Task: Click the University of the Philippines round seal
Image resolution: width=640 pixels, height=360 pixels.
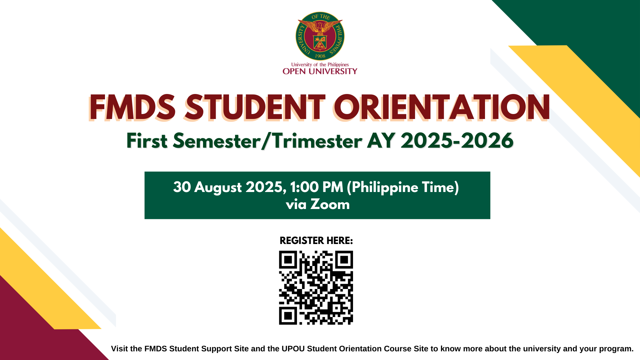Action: point(320,36)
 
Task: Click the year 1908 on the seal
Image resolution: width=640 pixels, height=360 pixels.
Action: point(320,56)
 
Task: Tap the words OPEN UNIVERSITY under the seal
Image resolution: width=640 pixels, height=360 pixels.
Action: point(320,71)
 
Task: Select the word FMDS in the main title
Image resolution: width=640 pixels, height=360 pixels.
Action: point(132,107)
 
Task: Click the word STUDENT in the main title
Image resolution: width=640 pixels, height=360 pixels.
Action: point(255,107)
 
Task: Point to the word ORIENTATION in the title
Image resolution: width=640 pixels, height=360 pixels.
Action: point(442,107)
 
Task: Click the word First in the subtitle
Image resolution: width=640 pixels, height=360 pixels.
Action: point(147,141)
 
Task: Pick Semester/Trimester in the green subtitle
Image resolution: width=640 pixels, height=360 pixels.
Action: point(268,141)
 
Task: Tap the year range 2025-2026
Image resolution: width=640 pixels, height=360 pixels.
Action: point(457,141)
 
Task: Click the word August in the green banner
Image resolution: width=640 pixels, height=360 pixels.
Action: point(218,188)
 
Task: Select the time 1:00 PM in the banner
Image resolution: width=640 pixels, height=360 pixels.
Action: point(317,187)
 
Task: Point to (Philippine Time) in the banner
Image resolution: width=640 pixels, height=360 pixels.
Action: point(403,188)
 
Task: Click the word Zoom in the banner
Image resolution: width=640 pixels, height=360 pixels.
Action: point(330,204)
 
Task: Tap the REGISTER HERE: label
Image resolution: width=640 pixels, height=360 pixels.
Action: point(316,241)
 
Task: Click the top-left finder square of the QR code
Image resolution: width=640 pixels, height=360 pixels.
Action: point(288,260)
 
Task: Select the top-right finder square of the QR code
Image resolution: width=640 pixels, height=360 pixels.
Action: point(344,260)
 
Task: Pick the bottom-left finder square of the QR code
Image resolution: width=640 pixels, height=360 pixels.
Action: point(288,316)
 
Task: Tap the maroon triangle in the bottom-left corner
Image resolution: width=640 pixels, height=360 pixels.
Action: point(33,327)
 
